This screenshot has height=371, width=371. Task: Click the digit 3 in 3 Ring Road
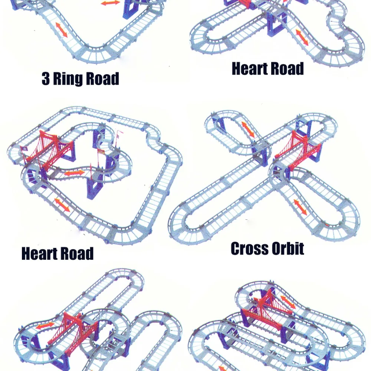coord(46,78)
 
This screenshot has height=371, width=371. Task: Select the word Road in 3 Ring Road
coord(102,78)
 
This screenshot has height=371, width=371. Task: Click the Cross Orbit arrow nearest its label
coord(300,207)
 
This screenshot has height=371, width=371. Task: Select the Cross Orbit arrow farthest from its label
coord(248,129)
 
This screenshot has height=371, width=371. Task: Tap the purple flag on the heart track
coord(24,149)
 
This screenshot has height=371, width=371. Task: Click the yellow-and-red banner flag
coord(101,151)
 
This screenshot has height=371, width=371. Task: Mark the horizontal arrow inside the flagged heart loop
coord(74,173)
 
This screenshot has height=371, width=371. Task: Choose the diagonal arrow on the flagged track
coord(62,205)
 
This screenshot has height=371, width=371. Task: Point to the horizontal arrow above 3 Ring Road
coord(111,3)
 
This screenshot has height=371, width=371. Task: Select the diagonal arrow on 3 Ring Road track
coord(62,30)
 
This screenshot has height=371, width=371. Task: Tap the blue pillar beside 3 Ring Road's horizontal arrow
coord(131,10)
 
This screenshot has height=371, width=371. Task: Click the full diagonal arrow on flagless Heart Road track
coord(302,37)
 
